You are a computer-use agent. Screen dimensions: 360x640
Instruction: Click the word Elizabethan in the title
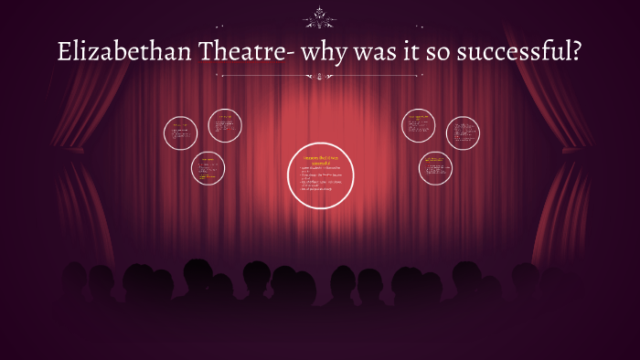click(x=115, y=53)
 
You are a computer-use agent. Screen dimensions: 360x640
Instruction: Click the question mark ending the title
click(x=577, y=53)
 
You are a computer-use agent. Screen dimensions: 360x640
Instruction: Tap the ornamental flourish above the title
click(x=320, y=16)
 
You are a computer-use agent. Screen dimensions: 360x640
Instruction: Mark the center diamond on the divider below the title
click(x=320, y=77)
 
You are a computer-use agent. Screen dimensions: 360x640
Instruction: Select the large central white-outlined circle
click(x=321, y=175)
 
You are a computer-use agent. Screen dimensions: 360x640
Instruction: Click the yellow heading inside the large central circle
click(x=321, y=161)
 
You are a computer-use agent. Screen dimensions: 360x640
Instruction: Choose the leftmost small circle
click(x=181, y=133)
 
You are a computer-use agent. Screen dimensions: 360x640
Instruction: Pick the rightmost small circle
click(x=463, y=133)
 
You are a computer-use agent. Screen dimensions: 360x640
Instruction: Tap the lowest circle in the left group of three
click(x=208, y=167)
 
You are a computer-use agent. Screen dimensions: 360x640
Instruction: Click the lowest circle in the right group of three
click(x=435, y=167)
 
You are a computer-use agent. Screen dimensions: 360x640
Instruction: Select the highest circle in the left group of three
click(x=225, y=125)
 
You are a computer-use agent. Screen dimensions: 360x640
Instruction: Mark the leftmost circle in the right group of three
click(x=418, y=125)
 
